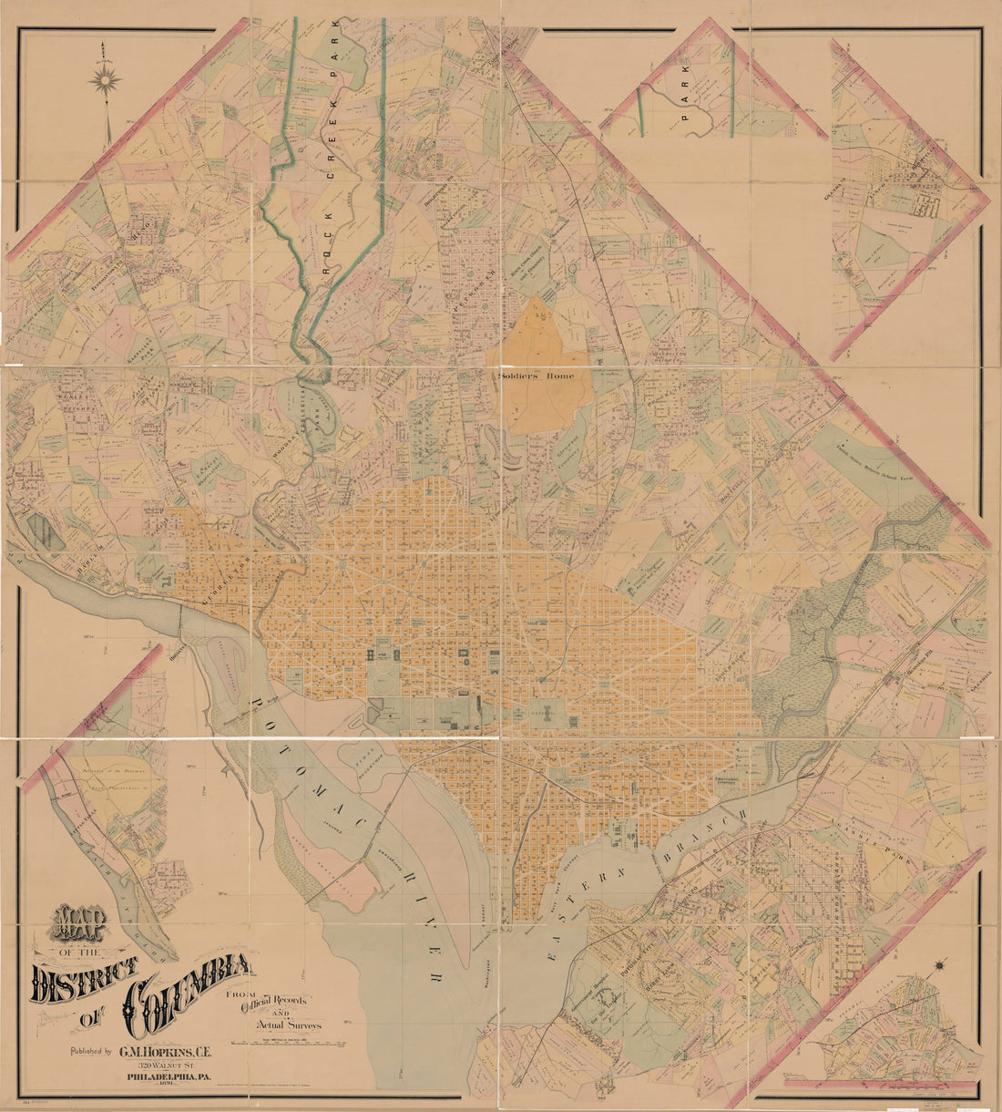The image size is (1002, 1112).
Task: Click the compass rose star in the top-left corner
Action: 106,80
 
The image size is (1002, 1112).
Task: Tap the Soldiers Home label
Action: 537,376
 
